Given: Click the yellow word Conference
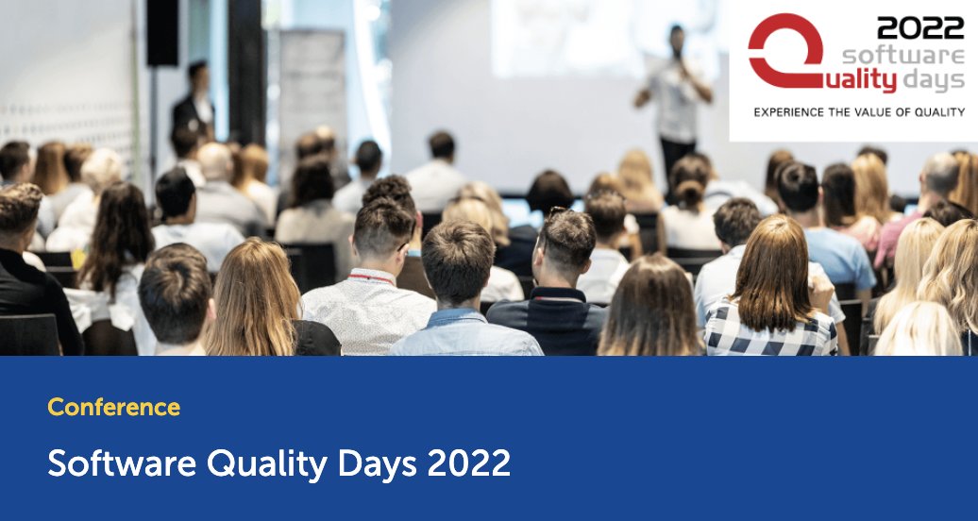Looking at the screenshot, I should point(113,408).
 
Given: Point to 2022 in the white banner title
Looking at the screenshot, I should point(468,463).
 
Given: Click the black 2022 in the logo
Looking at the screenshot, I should point(920,28).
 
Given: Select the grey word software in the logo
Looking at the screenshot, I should point(903,55).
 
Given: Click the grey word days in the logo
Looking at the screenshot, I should point(934,81).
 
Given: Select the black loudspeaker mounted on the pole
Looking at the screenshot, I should point(161,33).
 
